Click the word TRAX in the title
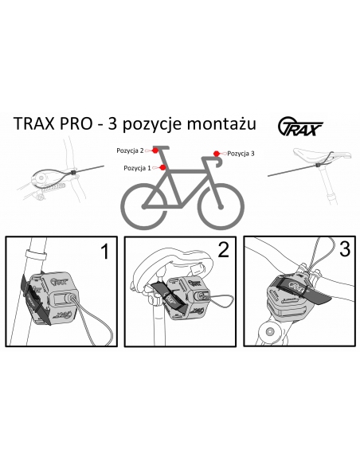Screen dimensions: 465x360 point(40,126)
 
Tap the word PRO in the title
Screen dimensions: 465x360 point(88,126)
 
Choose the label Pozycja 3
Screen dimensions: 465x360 point(241,153)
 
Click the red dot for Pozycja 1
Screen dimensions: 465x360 point(162,168)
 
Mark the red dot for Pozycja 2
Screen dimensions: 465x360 point(157,149)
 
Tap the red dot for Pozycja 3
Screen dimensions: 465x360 point(216,153)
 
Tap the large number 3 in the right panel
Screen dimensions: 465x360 point(343,249)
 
